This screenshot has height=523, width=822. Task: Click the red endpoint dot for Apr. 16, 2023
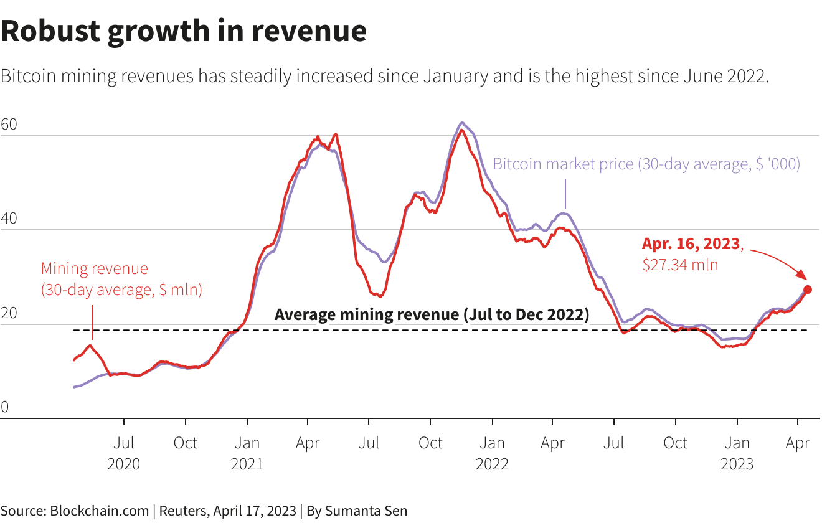(808, 290)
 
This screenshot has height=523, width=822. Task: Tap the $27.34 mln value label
(680, 265)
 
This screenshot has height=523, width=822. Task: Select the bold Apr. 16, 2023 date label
(691, 243)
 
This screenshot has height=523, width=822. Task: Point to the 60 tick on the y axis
(9, 125)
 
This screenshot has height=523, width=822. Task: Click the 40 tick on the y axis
(9, 219)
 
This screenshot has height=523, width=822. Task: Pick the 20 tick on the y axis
(9, 314)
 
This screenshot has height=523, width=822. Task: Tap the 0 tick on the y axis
(5, 408)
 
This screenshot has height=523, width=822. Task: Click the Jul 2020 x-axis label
(124, 453)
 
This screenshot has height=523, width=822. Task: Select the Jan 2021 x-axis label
(247, 453)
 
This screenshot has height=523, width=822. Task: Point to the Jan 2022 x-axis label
(492, 453)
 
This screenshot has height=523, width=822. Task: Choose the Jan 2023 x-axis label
(737, 453)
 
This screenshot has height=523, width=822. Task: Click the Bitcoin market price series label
(646, 164)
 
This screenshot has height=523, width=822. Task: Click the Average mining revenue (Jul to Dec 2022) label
(432, 314)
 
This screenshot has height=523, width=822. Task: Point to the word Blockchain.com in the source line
(99, 511)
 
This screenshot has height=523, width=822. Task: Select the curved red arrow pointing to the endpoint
(778, 261)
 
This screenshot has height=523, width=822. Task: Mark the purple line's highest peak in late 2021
(462, 123)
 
